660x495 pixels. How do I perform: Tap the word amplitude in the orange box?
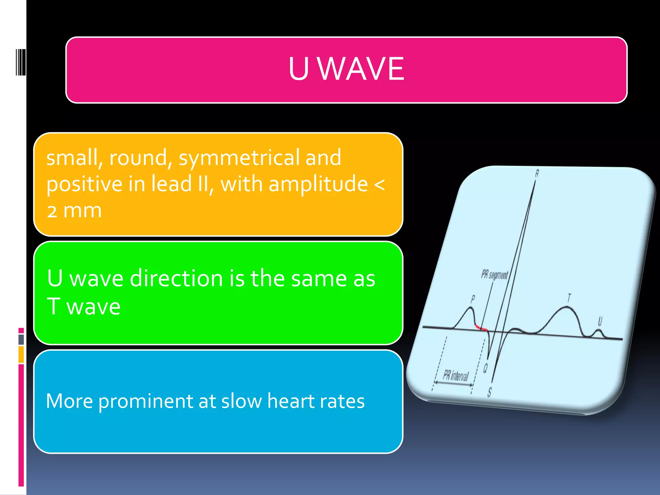(318, 184)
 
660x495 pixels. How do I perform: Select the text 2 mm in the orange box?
(74, 211)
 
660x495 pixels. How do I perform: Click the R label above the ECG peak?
(537, 174)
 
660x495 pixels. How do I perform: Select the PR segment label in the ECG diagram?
(494, 275)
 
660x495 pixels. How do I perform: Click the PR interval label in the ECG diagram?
(455, 375)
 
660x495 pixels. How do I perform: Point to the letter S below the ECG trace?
(490, 392)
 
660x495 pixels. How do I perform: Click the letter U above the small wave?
(600, 321)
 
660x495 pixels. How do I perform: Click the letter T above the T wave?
(569, 298)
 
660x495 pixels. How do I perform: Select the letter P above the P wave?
(473, 299)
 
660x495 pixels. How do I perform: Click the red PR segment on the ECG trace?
(481, 328)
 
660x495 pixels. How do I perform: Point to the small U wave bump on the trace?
(599, 333)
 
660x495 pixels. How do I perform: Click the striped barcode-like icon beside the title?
(21, 62)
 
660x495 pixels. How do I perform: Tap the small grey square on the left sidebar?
(21, 339)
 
